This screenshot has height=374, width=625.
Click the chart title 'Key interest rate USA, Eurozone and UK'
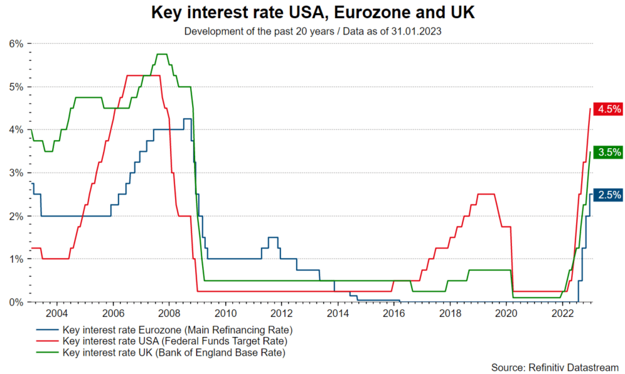click(312, 13)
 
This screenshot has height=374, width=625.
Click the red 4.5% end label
click(609, 109)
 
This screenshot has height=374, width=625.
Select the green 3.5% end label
click(609, 152)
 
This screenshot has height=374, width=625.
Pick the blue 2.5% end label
click(609, 195)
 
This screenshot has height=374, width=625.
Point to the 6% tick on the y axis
click(15, 43)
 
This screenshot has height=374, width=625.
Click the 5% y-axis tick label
click(15, 87)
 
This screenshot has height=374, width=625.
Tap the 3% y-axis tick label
click(15, 173)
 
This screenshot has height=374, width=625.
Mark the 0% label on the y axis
click(15, 302)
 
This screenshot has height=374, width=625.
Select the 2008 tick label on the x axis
click(169, 313)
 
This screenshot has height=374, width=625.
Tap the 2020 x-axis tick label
click(506, 313)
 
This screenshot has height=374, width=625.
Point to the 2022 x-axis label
click(562, 313)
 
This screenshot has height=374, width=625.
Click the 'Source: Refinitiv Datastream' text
click(555, 366)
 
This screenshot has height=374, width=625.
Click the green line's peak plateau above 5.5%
click(161, 55)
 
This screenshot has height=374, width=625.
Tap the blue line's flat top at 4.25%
click(187, 119)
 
